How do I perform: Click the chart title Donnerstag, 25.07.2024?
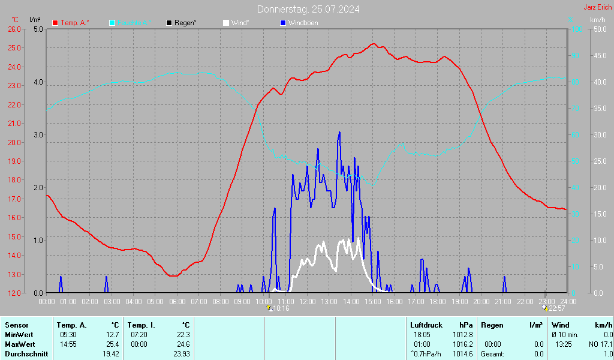[308, 9]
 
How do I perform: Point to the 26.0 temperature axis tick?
[14, 29]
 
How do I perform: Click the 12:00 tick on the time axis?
[308, 301]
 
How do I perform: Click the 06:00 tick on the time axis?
[177, 301]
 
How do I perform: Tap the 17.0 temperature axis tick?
[14, 199]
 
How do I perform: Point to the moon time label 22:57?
[556, 308]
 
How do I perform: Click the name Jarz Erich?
[597, 8]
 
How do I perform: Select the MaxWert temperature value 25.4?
[112, 344]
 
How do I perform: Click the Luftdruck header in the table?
[426, 325]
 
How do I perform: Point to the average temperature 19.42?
[110, 354]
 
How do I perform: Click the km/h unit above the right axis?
[598, 20]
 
